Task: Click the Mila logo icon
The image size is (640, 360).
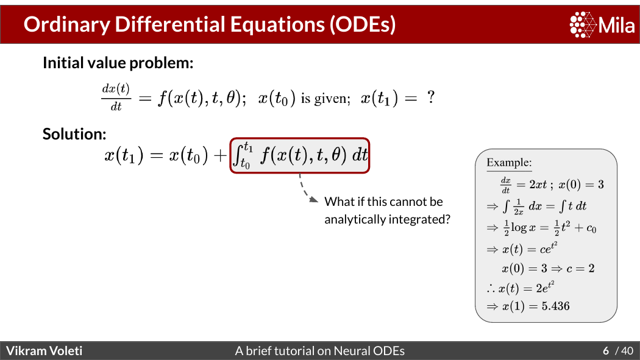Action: pyautogui.click(x=583, y=24)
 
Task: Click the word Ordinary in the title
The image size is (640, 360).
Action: pyautogui.click(x=67, y=24)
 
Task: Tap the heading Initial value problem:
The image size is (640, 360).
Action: pyautogui.click(x=118, y=63)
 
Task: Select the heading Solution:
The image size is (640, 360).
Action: pyautogui.click(x=74, y=134)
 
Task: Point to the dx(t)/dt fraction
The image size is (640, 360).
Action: pyautogui.click(x=116, y=97)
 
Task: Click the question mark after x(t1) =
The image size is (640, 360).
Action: pyautogui.click(x=430, y=97)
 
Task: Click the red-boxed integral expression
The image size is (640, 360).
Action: pyautogui.click(x=300, y=155)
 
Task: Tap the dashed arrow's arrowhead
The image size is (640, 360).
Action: pyautogui.click(x=314, y=199)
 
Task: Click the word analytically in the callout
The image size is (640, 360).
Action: pyautogui.click(x=354, y=219)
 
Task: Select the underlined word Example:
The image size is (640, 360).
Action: pyautogui.click(x=509, y=163)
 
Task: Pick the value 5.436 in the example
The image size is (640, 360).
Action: pyautogui.click(x=555, y=306)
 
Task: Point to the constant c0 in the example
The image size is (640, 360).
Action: pyautogui.click(x=591, y=228)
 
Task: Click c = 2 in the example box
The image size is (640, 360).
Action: pyautogui.click(x=580, y=268)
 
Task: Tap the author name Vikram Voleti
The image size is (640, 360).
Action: pyautogui.click(x=44, y=351)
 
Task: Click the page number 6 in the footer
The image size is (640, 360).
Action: pyautogui.click(x=606, y=351)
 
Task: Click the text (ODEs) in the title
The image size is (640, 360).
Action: pyautogui.click(x=363, y=24)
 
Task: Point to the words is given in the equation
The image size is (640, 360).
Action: pyautogui.click(x=325, y=99)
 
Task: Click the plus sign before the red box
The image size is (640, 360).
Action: pyautogui.click(x=220, y=155)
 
